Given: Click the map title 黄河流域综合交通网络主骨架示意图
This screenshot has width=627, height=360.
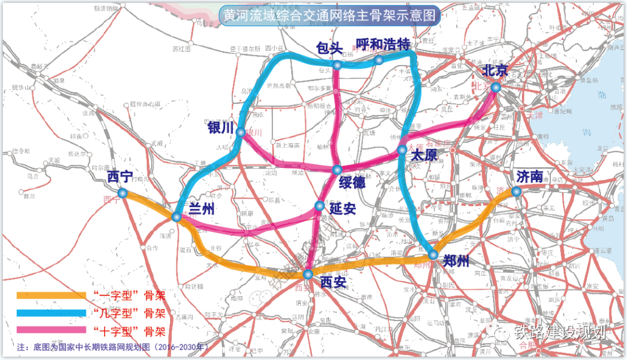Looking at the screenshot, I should click(x=329, y=15).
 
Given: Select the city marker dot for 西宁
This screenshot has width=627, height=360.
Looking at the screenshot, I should click(x=122, y=193).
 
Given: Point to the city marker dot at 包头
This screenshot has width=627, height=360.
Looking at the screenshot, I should click(x=337, y=66).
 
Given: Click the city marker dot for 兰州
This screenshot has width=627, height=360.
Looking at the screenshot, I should click(x=176, y=217).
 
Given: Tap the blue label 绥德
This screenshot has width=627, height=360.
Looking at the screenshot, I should click(x=352, y=181).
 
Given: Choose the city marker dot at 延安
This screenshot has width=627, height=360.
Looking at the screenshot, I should click(x=319, y=206).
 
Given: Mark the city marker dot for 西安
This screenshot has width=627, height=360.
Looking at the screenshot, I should click(x=308, y=273).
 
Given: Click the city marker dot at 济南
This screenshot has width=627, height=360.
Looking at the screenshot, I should click(x=516, y=190).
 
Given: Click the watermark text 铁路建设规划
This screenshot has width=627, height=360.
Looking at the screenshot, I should click(x=560, y=333).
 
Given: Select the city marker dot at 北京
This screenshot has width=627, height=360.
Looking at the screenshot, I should click(x=495, y=87).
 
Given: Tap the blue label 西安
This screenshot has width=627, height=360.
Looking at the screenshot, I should click(x=333, y=283).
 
